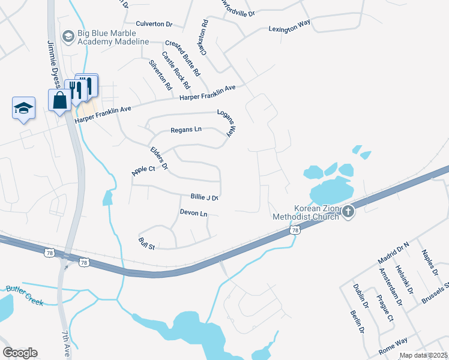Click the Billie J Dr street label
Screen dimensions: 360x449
pyautogui.click(x=204, y=197)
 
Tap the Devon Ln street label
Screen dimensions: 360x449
pyautogui.click(x=193, y=213)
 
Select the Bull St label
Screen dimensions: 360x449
pyautogui.click(x=147, y=244)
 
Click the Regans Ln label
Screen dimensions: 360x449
pyautogui.click(x=186, y=130)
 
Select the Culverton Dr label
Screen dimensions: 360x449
pyautogui.click(x=154, y=24)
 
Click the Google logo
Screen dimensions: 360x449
pyautogui.click(x=20, y=353)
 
